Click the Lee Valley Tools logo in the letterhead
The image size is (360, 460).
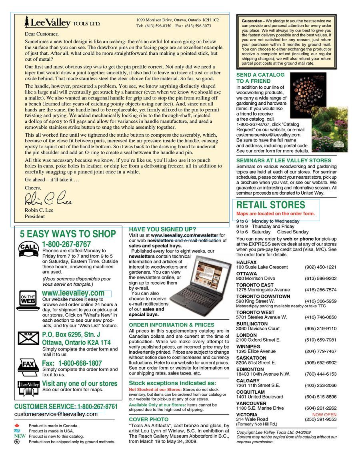[62, 22]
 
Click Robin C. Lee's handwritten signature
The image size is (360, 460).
[48, 198]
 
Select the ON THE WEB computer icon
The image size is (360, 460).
[28, 301]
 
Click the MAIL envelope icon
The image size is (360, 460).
[28, 338]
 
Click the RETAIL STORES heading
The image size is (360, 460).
[270, 205]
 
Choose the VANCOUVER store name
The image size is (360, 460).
[251, 404]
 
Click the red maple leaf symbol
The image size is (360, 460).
[17, 426]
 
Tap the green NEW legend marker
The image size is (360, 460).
[20, 436]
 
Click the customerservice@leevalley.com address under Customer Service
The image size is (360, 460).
[56, 414]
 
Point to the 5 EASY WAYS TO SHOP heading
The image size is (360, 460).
[68, 234]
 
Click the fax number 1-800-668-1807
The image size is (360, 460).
[80, 363]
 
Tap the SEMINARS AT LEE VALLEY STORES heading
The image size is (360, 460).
[284, 161]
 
